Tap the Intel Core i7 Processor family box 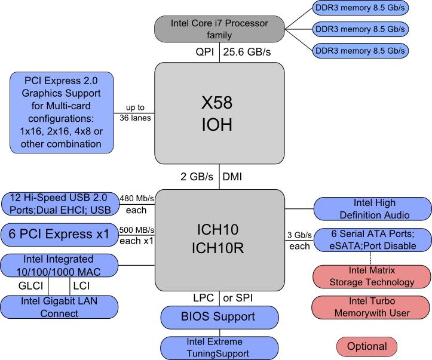click(x=219, y=29)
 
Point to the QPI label click(x=203, y=53)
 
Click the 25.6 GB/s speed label click(x=247, y=53)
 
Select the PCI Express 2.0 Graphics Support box click(x=62, y=112)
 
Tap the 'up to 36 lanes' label click(x=135, y=112)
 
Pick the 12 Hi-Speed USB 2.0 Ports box click(x=60, y=205)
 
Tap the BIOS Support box click(x=219, y=316)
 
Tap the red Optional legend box click(x=367, y=346)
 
